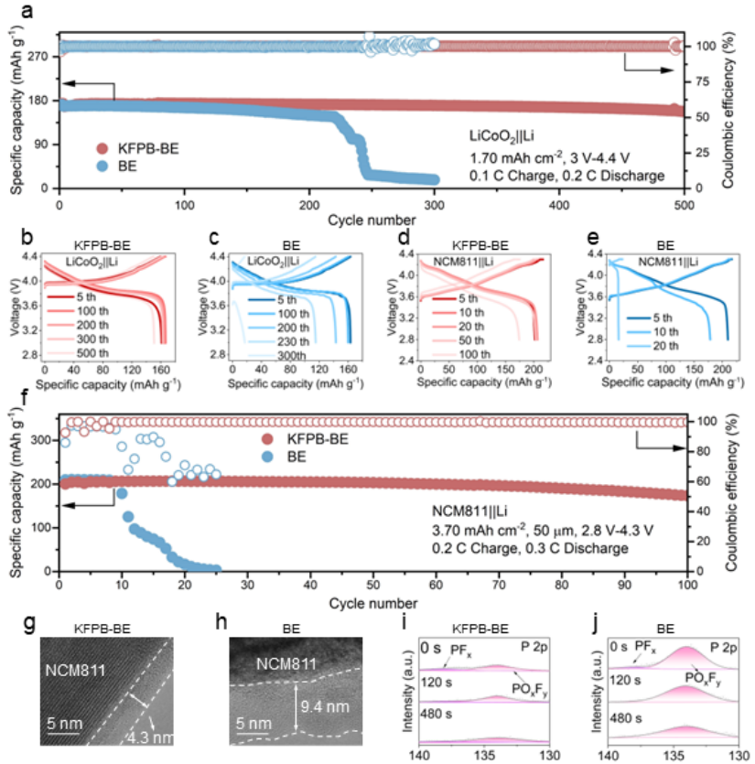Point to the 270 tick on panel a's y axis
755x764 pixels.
click(38, 56)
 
